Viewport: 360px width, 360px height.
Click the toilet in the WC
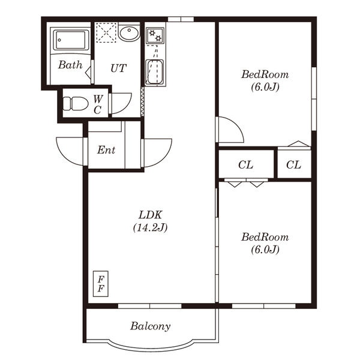[x=76, y=104]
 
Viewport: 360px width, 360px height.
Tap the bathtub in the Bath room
[x=70, y=40]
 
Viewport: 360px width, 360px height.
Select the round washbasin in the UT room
[x=129, y=33]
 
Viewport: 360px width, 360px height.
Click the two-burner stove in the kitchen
[x=155, y=35]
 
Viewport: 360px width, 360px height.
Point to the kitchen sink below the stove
[x=155, y=73]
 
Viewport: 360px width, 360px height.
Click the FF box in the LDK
[x=101, y=284]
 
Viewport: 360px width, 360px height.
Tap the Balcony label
[x=151, y=326]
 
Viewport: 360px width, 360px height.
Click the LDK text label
[x=151, y=215]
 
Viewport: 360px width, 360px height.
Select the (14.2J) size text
[x=151, y=227]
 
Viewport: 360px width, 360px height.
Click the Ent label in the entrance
[x=106, y=150]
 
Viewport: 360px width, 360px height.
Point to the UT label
[x=118, y=68]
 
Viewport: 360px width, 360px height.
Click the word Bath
[x=70, y=65]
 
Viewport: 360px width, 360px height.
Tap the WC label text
[x=98, y=104]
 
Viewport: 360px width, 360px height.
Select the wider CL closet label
[x=245, y=164]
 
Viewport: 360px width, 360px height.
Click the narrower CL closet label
[x=293, y=164]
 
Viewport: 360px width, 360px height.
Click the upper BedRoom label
[x=265, y=74]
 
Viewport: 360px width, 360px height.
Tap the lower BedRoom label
[x=265, y=237]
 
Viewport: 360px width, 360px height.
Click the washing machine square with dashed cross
[x=106, y=32]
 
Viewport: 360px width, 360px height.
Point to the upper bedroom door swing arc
[x=236, y=125]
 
